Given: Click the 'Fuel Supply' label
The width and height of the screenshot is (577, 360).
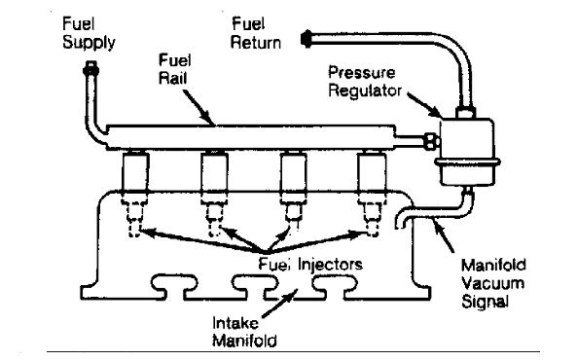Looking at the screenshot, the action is click(x=89, y=33).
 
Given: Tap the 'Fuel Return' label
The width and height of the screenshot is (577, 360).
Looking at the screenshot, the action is click(x=256, y=33).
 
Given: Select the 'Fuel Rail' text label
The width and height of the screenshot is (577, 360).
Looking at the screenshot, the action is click(x=174, y=69).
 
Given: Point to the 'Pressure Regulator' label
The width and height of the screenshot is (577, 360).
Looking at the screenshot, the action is click(x=365, y=82).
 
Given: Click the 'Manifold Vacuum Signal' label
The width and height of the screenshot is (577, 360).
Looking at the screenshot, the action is click(x=493, y=283).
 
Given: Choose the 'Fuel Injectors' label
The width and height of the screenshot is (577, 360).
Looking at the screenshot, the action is click(x=310, y=265).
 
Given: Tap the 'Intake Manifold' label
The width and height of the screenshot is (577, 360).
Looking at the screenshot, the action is click(x=244, y=332).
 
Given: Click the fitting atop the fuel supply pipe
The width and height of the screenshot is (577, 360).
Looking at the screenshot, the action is click(x=90, y=68).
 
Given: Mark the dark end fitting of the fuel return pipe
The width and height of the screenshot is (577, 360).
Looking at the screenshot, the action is click(x=307, y=39).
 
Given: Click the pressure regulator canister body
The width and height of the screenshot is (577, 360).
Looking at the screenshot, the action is click(x=467, y=151).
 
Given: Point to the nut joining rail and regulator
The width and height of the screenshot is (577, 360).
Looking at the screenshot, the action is click(x=431, y=141).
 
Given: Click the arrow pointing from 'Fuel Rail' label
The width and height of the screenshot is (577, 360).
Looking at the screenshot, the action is click(x=198, y=107).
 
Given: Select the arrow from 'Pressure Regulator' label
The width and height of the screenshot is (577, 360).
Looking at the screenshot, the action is click(x=424, y=105).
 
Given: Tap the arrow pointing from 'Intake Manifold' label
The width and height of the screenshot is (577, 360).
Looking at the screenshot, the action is click(x=280, y=303).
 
